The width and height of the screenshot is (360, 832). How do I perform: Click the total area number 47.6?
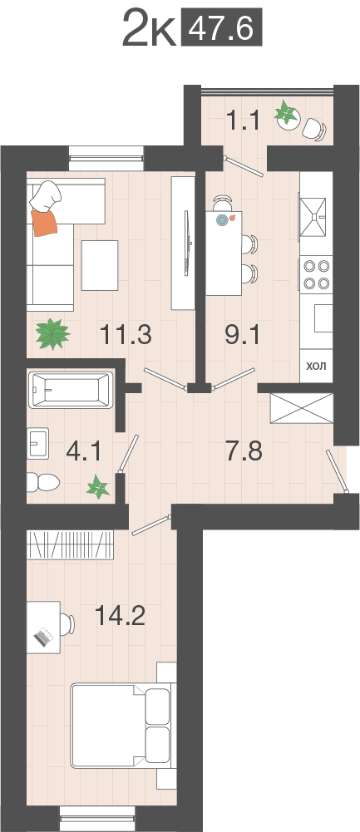tap(222, 27)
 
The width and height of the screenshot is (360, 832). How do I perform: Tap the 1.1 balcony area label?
tap(242, 121)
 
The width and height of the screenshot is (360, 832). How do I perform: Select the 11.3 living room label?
tap(126, 335)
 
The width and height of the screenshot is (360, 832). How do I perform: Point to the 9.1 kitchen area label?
tap(243, 335)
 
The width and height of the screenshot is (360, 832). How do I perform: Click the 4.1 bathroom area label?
tap(84, 453)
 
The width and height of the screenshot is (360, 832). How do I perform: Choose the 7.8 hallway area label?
tap(244, 453)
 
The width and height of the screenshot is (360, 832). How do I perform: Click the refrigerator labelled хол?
tap(316, 366)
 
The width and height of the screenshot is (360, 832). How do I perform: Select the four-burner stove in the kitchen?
tap(316, 273)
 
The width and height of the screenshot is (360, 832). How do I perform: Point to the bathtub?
tap(72, 390)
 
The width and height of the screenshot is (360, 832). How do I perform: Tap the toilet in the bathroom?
tap(43, 482)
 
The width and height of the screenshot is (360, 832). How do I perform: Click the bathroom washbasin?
tap(38, 443)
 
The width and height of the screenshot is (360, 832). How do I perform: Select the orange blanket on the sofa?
tap(45, 222)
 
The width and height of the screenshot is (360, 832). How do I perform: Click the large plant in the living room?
tap(52, 334)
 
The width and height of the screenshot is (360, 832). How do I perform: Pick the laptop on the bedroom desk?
tap(43, 636)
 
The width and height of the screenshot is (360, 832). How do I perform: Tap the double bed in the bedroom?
tap(121, 726)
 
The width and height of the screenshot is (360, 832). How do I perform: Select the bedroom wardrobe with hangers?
tap(70, 545)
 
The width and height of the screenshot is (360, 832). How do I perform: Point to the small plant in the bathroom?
tap(99, 486)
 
